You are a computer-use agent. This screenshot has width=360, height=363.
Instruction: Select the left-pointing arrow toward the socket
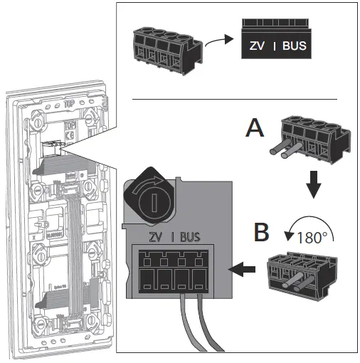point(243,270)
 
